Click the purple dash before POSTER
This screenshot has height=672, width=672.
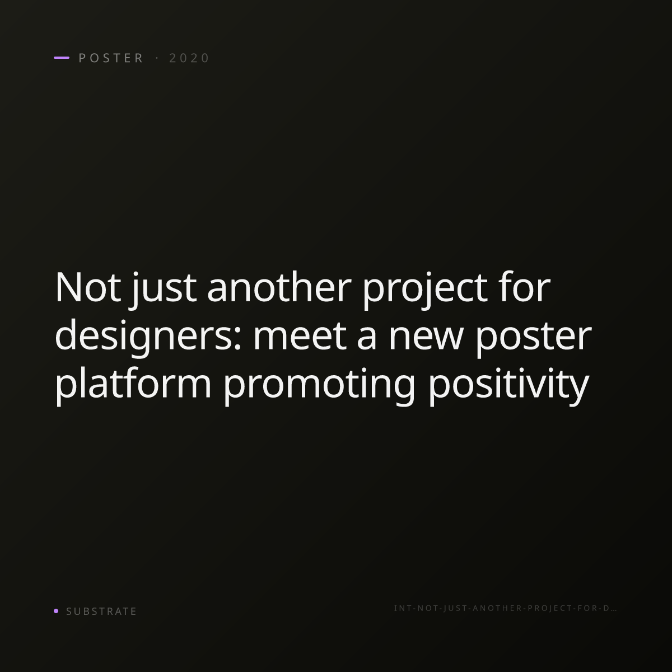(x=62, y=58)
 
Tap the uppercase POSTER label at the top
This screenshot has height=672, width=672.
(x=111, y=58)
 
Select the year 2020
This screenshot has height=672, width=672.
(x=189, y=58)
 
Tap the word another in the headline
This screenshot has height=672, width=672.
(x=279, y=287)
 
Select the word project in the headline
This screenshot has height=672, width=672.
(x=424, y=290)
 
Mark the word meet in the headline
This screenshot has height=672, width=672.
(x=300, y=336)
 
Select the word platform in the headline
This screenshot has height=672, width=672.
(x=133, y=384)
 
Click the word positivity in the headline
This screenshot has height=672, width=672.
(x=508, y=386)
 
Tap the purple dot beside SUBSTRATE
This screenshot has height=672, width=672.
(x=56, y=610)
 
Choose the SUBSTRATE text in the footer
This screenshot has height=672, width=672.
(x=101, y=611)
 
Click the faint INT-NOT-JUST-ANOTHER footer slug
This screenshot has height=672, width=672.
(x=505, y=608)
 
